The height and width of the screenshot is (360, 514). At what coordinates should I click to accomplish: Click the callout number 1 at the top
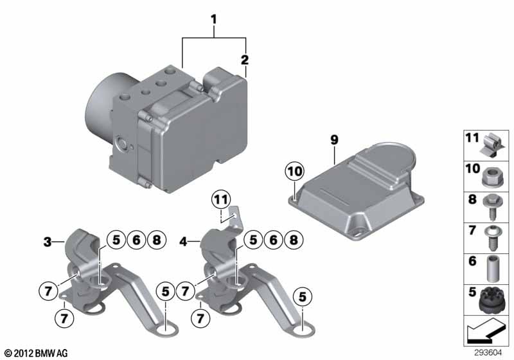click(x=214, y=20)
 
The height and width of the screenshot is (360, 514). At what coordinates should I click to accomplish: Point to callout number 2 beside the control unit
click(x=244, y=60)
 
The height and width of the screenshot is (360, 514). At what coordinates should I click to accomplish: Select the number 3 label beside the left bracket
click(x=48, y=242)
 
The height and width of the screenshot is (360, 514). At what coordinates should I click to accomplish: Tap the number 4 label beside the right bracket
click(x=183, y=242)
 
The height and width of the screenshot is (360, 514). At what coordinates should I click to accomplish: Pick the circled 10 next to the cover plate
click(x=292, y=172)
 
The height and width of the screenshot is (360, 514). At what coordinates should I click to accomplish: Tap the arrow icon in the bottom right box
click(x=486, y=332)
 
